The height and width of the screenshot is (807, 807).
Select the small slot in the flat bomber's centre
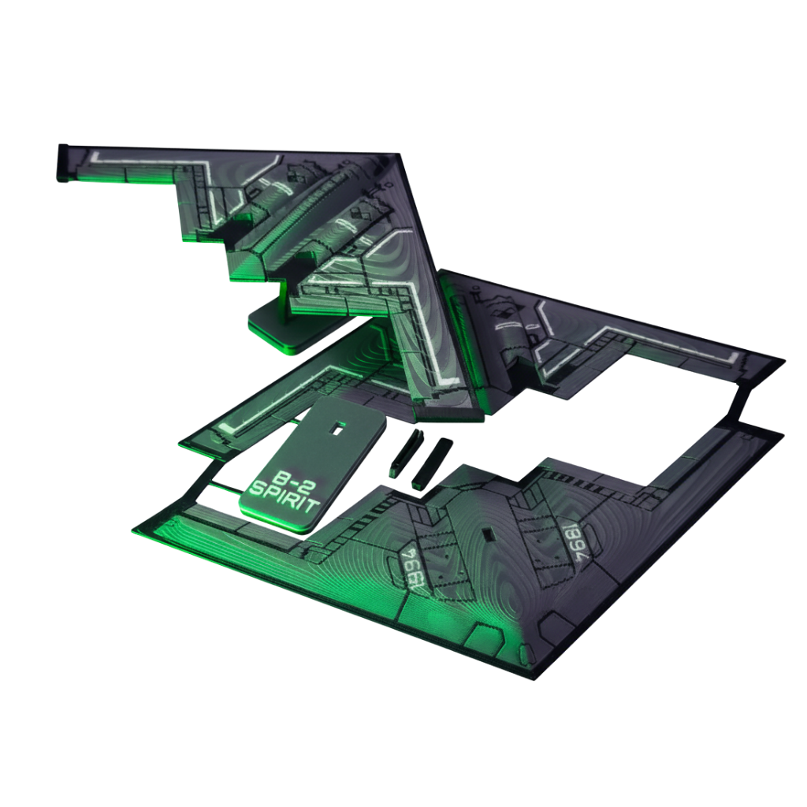pyautogui.click(x=489, y=534)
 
